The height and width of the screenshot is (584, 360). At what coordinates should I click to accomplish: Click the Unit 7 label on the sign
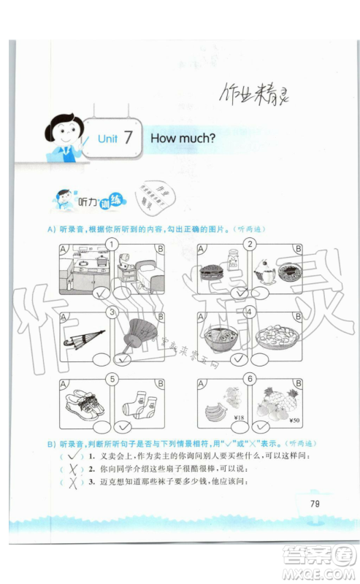coord(114,137)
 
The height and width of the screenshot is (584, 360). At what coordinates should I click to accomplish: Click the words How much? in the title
coord(183,137)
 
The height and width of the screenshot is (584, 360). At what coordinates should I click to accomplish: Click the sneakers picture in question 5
coord(83,401)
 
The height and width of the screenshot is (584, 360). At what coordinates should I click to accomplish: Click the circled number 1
coord(112,245)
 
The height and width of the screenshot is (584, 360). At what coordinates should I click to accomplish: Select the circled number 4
coord(250,312)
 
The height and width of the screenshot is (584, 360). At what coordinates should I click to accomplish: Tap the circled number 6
coord(250,380)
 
